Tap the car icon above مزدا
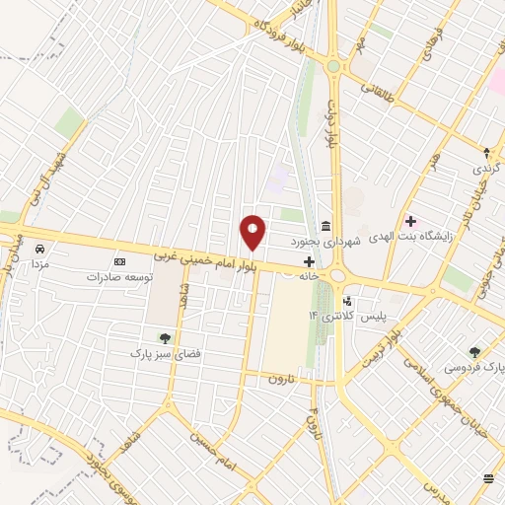click(x=39, y=249)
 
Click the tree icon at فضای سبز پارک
click(x=164, y=337)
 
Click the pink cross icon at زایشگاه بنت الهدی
click(x=410, y=221)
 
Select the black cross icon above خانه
click(x=310, y=262)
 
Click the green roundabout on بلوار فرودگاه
click(x=334, y=66)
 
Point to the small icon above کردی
click(x=485, y=152)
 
